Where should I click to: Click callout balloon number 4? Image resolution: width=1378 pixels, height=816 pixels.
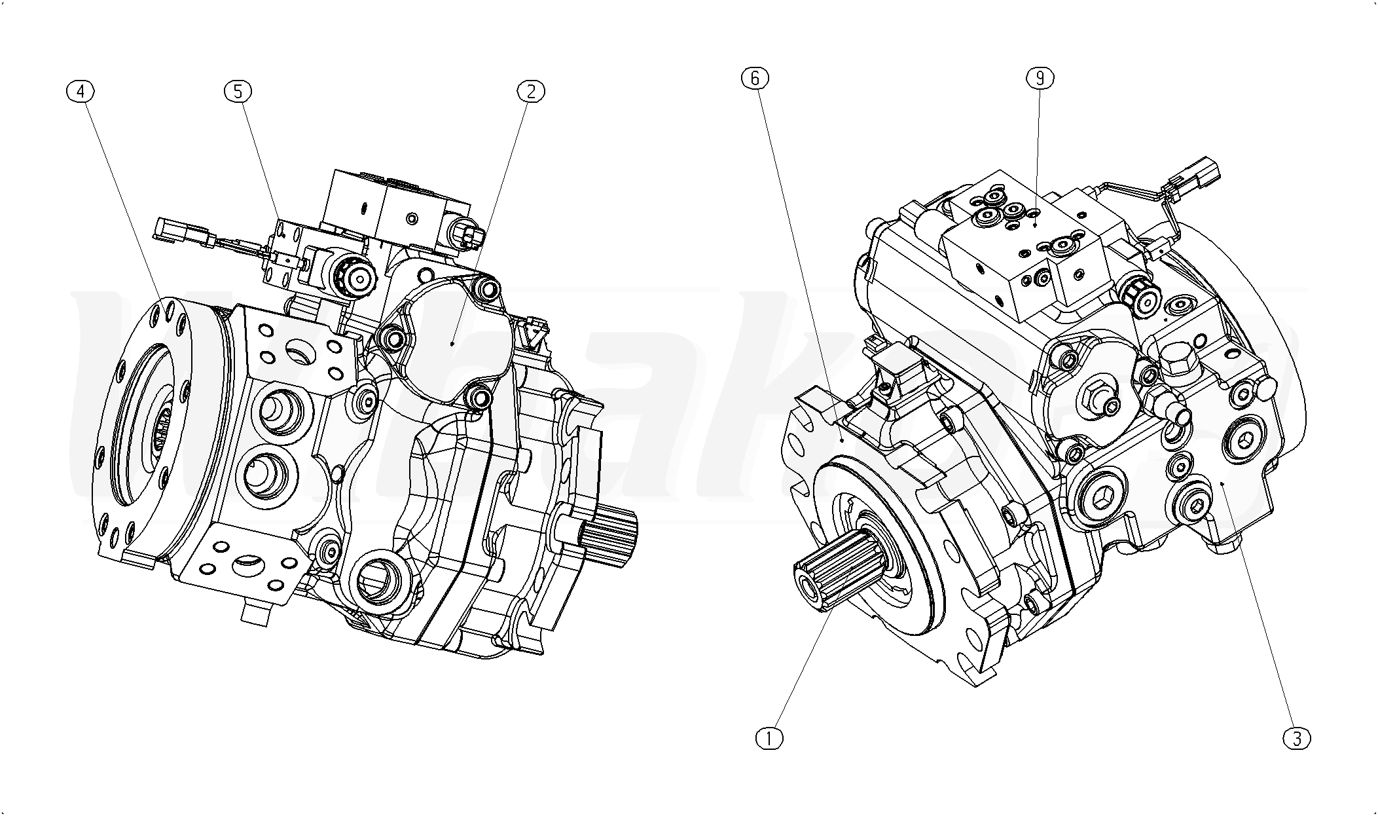pos(81,92)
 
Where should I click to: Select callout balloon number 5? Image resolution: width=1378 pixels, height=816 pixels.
pos(238,92)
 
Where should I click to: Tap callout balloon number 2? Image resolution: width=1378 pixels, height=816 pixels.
pos(531,92)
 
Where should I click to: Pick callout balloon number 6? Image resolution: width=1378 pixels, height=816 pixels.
pos(754,79)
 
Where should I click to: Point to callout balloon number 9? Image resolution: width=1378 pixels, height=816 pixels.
pos(1040,79)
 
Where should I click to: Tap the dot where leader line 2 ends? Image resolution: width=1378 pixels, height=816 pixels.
pos(453,342)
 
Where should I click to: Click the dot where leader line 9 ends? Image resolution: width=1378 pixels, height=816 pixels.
pos(1035,225)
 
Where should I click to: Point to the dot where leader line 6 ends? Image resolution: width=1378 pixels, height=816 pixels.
pos(841,441)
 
